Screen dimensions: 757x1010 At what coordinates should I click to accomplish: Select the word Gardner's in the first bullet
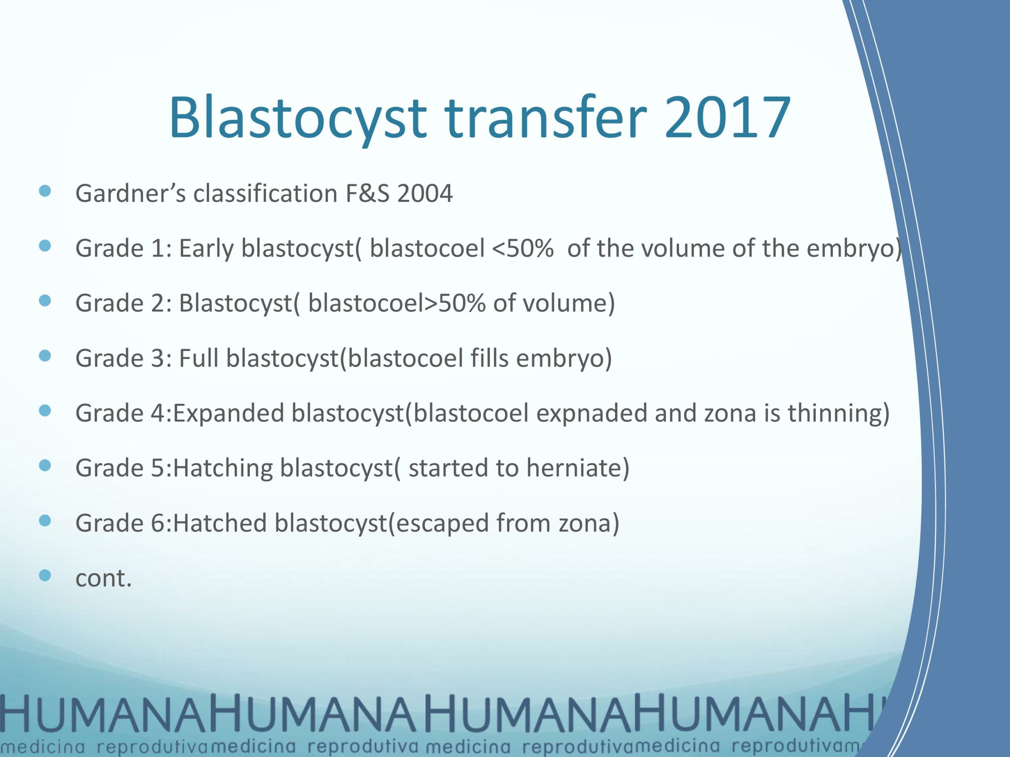131,194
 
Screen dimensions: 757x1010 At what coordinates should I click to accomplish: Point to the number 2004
425,194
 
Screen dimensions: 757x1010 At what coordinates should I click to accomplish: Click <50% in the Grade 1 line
522,249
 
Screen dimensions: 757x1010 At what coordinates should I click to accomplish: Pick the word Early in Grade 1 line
206,249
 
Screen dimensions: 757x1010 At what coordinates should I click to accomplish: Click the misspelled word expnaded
591,413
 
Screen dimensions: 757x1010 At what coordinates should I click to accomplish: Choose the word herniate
577,468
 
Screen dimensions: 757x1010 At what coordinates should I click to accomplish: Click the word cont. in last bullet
103,578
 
